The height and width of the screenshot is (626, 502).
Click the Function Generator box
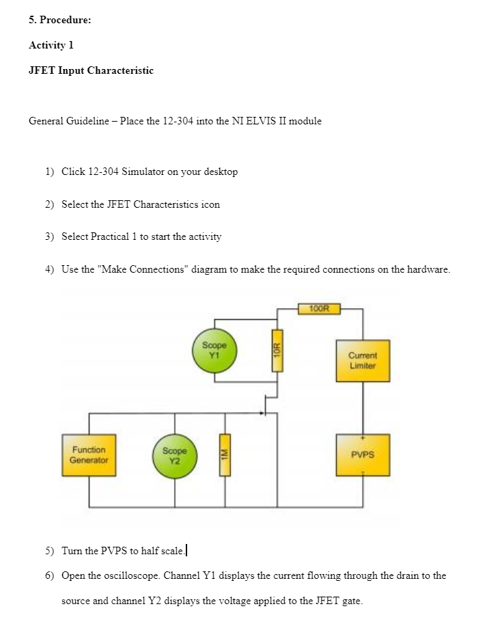pyautogui.click(x=89, y=454)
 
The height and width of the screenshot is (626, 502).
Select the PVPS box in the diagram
pyautogui.click(x=363, y=454)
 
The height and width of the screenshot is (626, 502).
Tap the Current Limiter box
pyautogui.click(x=363, y=360)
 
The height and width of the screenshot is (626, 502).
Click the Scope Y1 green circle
pyautogui.click(x=214, y=349)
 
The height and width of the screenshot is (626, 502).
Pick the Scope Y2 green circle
pyautogui.click(x=174, y=455)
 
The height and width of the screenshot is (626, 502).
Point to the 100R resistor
pyautogui.click(x=319, y=308)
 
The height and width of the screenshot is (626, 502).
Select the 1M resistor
pyautogui.click(x=221, y=455)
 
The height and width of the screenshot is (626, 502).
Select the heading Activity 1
pyautogui.click(x=51, y=45)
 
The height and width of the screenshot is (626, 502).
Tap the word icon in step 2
pyautogui.click(x=210, y=204)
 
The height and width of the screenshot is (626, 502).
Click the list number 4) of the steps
pyautogui.click(x=49, y=269)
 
